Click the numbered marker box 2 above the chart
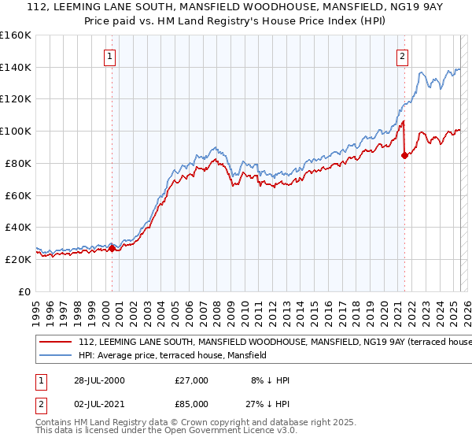click(402, 56)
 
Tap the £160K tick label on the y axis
click(15, 35)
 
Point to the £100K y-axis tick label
click(15, 131)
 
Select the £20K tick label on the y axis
click(17, 259)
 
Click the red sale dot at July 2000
click(112, 248)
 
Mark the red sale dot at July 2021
click(404, 155)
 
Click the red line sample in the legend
click(56, 343)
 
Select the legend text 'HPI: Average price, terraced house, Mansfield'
click(172, 356)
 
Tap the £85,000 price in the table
click(192, 407)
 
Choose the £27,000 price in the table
click(192, 380)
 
